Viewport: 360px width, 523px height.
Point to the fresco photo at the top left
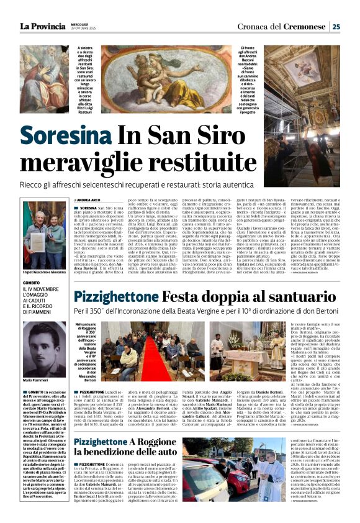tap(43, 78)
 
